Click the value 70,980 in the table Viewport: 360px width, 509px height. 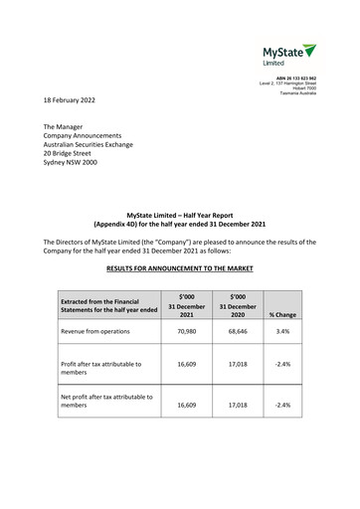tap(187, 331)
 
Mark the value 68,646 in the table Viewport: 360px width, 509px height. tap(237, 331)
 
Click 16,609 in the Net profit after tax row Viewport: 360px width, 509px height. tap(187, 406)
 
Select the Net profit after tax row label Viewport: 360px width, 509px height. tap(106, 401)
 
